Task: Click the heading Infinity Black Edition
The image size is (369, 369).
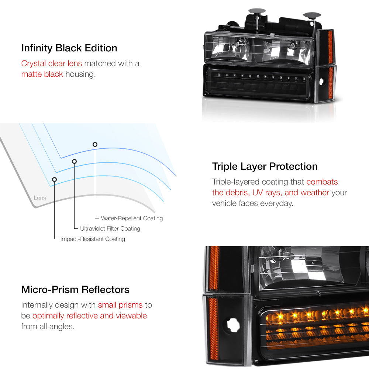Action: pyautogui.click(x=69, y=48)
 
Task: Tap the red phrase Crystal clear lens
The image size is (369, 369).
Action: pyautogui.click(x=51, y=63)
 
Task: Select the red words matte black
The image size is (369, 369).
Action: pyautogui.click(x=42, y=74)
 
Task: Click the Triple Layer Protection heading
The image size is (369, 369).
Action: pyautogui.click(x=265, y=166)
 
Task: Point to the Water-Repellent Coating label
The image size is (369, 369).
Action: pyautogui.click(x=132, y=218)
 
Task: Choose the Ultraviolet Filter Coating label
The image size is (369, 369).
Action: pyautogui.click(x=110, y=229)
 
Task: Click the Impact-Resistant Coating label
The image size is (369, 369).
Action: pyautogui.click(x=93, y=239)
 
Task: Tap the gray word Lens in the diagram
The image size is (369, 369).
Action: pyautogui.click(x=40, y=198)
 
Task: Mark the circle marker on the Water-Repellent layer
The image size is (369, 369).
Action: pyautogui.click(x=95, y=144)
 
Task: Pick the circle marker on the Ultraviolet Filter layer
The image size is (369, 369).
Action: pyautogui.click(x=74, y=161)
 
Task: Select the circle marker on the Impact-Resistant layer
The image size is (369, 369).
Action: pyautogui.click(x=54, y=179)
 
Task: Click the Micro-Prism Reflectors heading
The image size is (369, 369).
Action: pyautogui.click(x=75, y=289)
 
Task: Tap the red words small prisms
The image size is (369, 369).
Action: pyautogui.click(x=120, y=305)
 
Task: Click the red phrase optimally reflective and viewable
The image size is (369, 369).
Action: pyautogui.click(x=90, y=316)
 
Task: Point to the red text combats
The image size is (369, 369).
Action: pyautogui.click(x=322, y=182)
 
